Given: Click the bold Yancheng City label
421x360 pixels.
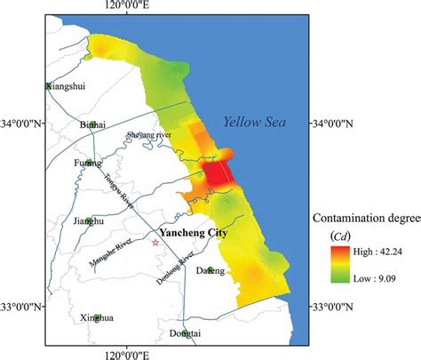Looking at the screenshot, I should click(194, 234).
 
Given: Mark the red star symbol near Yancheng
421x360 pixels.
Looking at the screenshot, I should click(155, 242).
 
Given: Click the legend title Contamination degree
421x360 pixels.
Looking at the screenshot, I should click(364, 217).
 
